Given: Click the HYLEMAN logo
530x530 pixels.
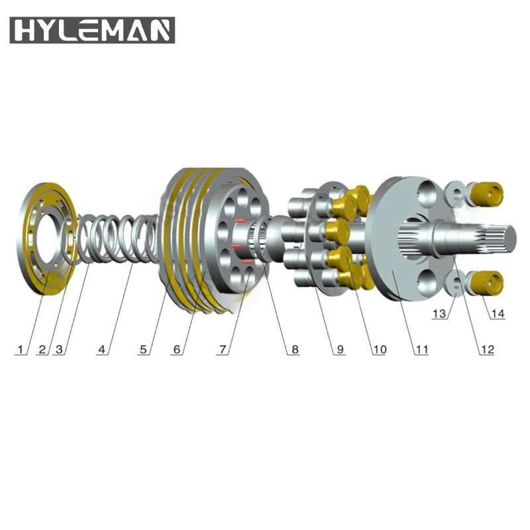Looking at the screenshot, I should tap(92, 30).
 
